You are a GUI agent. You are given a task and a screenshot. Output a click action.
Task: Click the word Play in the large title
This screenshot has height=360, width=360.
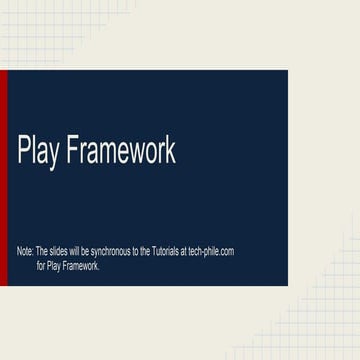click(38, 150)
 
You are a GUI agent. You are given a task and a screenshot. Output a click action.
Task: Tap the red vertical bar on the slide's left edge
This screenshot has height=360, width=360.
click(3, 178)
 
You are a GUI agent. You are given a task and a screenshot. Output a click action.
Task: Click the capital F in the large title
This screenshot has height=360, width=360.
click(71, 149)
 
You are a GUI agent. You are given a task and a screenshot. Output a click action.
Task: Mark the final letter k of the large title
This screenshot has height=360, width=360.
click(171, 149)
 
